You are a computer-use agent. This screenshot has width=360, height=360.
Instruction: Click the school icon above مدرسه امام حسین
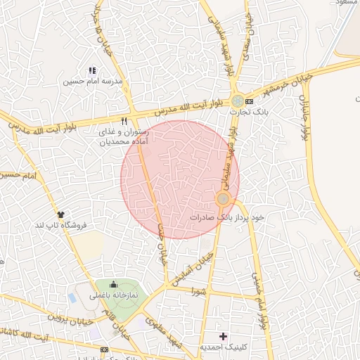pos(91,70)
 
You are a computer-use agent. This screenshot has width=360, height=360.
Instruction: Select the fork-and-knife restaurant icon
pos(124,120)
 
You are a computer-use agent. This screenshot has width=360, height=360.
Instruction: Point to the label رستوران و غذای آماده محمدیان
pos(120,136)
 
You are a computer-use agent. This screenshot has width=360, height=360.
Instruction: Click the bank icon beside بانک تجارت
pos(249,101)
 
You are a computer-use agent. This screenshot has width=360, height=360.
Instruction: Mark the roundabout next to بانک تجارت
pos(238,101)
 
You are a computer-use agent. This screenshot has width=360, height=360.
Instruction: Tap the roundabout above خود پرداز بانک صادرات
pos(223,199)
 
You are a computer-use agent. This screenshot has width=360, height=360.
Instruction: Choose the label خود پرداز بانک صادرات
pos(226,217)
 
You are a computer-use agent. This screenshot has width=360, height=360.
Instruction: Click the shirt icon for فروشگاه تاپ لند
pos(61,214)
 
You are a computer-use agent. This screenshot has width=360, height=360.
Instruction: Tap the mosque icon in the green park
pos(114,285)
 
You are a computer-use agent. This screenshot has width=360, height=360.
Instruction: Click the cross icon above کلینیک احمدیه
pos(224,336)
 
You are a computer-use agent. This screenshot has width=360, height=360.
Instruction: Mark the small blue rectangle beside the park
pos(72,298)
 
